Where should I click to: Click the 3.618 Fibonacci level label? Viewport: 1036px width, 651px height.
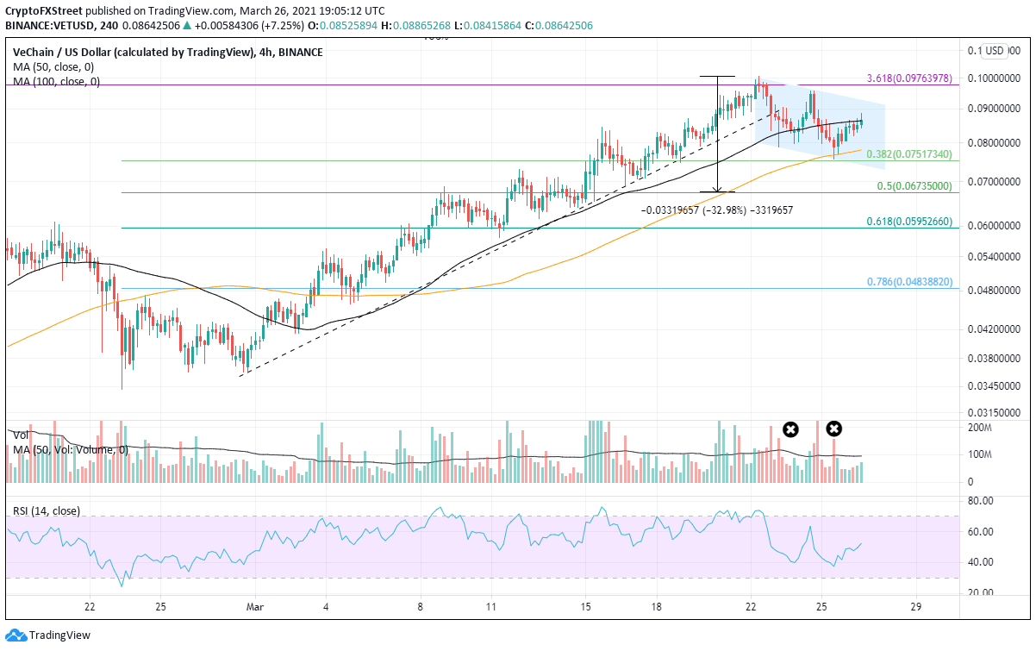point(908,78)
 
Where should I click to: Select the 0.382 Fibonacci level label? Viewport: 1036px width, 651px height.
point(908,154)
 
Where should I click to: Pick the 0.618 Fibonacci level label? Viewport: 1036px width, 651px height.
point(908,222)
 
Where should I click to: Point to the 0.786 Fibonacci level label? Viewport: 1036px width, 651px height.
point(908,281)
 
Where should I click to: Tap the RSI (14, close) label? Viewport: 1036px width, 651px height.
point(46,510)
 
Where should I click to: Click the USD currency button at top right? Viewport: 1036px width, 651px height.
point(996,50)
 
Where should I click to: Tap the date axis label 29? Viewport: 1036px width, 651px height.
point(916,607)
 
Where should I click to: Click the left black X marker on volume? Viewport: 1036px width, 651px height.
point(789,429)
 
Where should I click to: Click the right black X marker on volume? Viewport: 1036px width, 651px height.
point(833,428)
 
